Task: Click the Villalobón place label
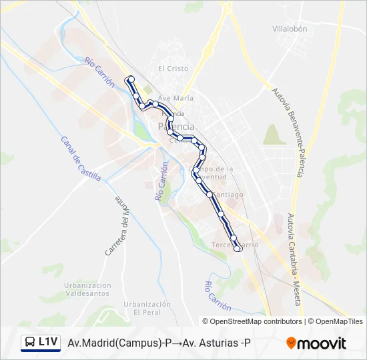(x=290, y=29)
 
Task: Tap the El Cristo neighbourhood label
(x=173, y=69)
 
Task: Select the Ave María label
(x=175, y=98)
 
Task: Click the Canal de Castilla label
(x=80, y=159)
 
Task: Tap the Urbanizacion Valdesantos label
(x=87, y=289)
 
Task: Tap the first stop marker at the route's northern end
(x=131, y=79)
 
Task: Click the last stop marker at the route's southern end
(x=238, y=249)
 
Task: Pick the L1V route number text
(x=48, y=342)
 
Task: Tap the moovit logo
(x=316, y=343)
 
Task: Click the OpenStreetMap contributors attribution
(x=252, y=321)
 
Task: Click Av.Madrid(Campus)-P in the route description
(x=119, y=343)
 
